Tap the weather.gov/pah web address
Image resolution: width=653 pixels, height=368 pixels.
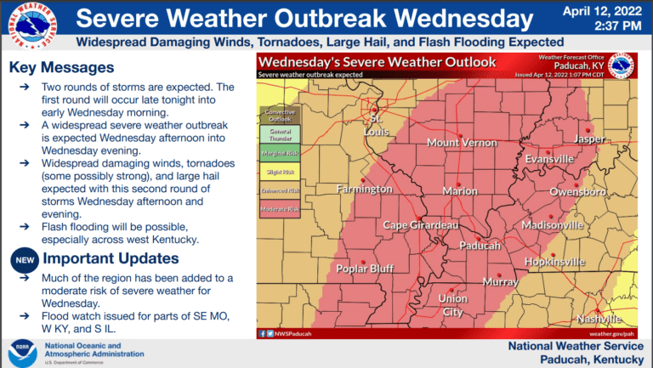[610, 334]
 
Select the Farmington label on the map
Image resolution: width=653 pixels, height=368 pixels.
[364, 189]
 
